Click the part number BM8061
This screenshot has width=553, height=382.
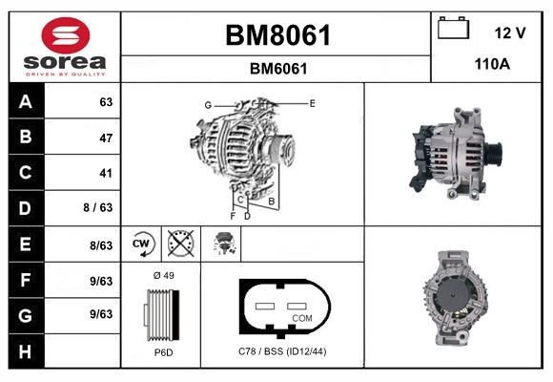click(x=276, y=35)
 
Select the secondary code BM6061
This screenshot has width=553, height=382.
click(x=276, y=69)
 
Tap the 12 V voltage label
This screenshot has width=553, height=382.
click(x=509, y=33)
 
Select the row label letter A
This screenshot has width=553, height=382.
click(x=25, y=102)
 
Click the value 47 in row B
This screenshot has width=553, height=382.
click(x=105, y=138)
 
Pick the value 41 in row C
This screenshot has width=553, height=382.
click(x=105, y=174)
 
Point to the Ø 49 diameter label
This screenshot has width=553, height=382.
click(x=162, y=275)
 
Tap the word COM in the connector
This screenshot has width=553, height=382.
click(x=302, y=317)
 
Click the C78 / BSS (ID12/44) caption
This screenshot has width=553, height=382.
click(x=283, y=351)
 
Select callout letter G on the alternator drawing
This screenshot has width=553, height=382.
click(x=207, y=104)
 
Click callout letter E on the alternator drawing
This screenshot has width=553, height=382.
click(x=312, y=101)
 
